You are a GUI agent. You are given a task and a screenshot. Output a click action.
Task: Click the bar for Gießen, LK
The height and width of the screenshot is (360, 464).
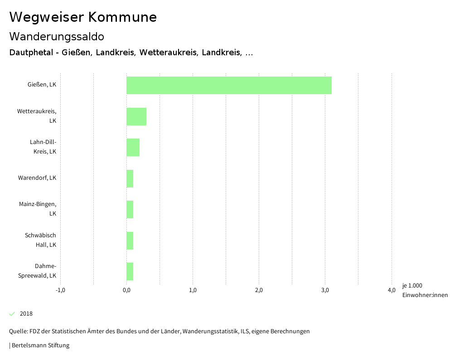(x=229, y=85)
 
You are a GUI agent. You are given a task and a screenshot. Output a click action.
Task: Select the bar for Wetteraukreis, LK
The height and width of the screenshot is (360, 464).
(x=136, y=116)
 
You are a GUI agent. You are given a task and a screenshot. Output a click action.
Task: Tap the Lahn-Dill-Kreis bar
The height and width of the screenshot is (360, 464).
(x=133, y=147)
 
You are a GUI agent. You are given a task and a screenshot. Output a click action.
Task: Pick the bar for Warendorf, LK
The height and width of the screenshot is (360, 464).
(x=130, y=178)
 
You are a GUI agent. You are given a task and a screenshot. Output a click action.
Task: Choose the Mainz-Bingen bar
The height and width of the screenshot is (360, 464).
(x=130, y=209)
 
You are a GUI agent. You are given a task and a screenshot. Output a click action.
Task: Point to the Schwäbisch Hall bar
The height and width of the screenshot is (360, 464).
(x=130, y=240)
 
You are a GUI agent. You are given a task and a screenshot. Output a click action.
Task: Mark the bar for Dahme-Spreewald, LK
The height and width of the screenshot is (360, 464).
(x=130, y=271)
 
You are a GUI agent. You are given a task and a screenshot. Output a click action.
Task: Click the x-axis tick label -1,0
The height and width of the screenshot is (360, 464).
(x=60, y=290)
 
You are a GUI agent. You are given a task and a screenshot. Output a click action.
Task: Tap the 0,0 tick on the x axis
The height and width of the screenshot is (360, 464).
(x=126, y=290)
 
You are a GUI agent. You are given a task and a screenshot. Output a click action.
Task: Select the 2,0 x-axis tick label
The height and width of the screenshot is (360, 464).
(x=259, y=290)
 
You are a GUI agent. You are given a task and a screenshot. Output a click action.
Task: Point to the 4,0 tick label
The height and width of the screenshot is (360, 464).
(x=391, y=290)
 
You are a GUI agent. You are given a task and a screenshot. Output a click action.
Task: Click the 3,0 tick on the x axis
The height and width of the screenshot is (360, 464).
(x=325, y=290)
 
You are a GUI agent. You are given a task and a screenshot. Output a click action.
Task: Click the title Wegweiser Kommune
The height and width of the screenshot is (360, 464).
(x=83, y=17)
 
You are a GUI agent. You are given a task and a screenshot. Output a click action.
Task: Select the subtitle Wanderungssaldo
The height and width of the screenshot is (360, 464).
(x=57, y=36)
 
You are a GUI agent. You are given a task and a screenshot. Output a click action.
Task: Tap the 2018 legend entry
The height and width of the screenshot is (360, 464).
(x=26, y=314)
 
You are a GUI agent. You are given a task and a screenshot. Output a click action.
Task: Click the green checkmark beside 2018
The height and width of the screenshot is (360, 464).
(x=12, y=314)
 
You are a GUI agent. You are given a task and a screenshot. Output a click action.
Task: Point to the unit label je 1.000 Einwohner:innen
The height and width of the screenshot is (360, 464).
(x=425, y=290)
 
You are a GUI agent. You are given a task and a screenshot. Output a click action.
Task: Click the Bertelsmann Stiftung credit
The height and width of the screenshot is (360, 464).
(x=40, y=346)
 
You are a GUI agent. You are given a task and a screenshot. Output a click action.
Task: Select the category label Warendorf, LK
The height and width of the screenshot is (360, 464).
(x=37, y=178)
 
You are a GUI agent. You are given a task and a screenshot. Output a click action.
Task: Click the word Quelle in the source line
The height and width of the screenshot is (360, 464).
(x=18, y=331)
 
